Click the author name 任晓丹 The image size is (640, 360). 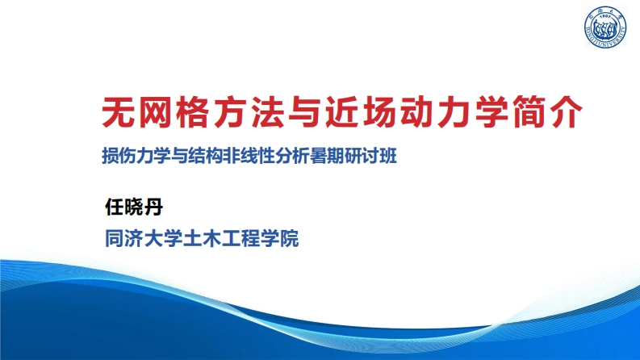[134, 207]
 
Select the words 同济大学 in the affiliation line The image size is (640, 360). [144, 240]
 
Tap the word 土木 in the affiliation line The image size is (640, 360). [202, 240]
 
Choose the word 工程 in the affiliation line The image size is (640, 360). [241, 240]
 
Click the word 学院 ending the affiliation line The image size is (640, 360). [279, 240]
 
